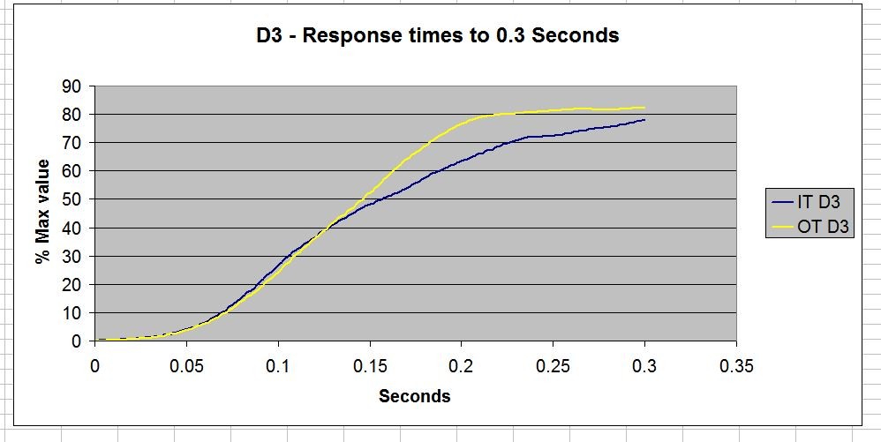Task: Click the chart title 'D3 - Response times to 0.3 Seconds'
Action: (x=438, y=35)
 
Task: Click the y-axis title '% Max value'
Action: (x=42, y=211)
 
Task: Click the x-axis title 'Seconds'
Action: (x=415, y=396)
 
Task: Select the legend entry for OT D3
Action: (x=809, y=227)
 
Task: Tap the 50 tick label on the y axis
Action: (x=73, y=199)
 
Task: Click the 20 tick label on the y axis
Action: (x=73, y=285)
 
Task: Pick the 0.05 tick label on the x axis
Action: (x=186, y=366)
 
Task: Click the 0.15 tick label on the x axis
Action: (x=370, y=366)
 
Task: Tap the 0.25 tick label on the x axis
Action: (x=553, y=366)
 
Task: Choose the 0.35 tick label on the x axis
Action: (x=736, y=366)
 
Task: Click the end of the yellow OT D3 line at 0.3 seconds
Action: (x=644, y=108)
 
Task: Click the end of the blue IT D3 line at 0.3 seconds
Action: (x=644, y=120)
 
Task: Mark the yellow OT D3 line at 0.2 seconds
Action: (x=462, y=123)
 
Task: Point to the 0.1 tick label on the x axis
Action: (x=278, y=366)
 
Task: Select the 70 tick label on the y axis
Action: (x=73, y=143)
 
